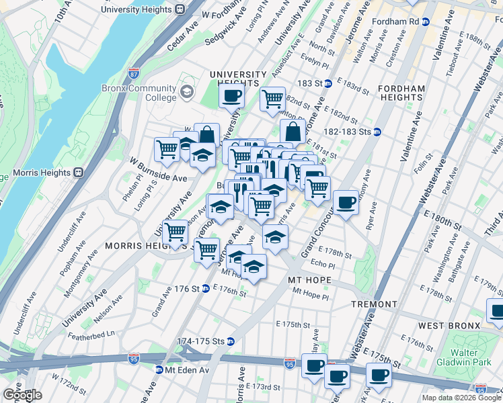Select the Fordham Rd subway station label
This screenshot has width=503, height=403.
[x=412, y=21]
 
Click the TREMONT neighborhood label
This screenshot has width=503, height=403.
[x=374, y=304]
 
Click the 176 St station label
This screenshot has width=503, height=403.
[x=190, y=289]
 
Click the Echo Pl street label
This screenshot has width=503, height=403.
[x=323, y=265]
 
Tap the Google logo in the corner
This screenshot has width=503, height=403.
[x=22, y=394]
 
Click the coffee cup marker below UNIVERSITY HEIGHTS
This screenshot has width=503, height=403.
[x=231, y=97]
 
